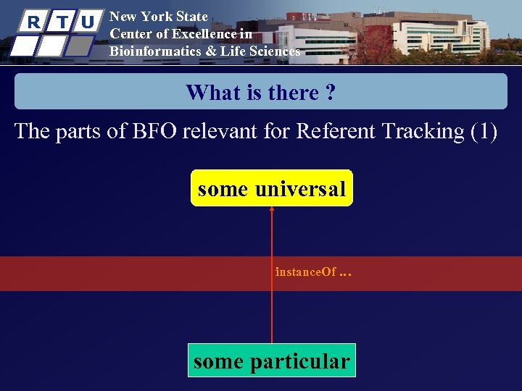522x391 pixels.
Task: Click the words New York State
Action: point(158,16)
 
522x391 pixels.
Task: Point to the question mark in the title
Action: point(330,93)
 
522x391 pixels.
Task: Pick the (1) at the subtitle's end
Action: point(484,131)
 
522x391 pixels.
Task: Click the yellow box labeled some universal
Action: point(271,188)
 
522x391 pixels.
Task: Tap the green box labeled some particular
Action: point(271,361)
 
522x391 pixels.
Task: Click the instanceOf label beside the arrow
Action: point(305,272)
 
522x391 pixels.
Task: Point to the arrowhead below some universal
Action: point(272,210)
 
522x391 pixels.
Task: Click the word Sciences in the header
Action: point(273,51)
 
